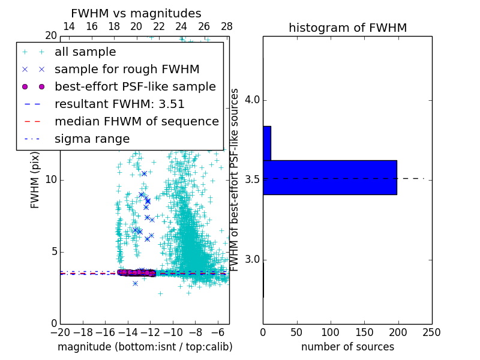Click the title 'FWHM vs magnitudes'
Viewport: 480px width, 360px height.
click(136, 13)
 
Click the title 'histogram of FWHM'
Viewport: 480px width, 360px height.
click(347, 28)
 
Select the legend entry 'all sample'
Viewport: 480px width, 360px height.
click(85, 52)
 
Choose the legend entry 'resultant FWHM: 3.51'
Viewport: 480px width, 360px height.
click(119, 104)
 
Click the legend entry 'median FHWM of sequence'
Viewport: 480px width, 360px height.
click(136, 121)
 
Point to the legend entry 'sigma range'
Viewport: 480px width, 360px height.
click(92, 139)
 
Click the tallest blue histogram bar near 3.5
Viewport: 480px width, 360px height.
click(330, 177)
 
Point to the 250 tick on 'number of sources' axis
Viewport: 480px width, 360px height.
click(431, 332)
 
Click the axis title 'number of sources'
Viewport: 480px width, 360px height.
click(347, 347)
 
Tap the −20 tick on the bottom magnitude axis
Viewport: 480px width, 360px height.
click(60, 332)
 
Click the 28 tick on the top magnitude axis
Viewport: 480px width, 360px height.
click(227, 26)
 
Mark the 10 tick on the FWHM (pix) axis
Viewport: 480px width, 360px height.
click(51, 180)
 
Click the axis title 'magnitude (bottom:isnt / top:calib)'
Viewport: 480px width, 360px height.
click(145, 347)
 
